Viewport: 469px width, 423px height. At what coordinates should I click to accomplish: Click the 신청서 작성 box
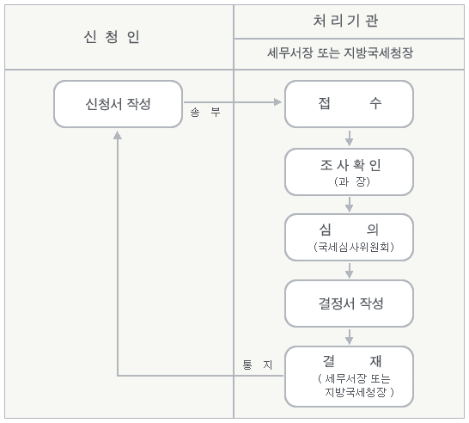(x=119, y=104)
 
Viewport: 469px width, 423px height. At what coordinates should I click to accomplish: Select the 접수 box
(x=349, y=104)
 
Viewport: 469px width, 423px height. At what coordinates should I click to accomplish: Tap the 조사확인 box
(x=349, y=172)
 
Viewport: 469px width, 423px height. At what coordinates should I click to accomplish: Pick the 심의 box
(x=349, y=237)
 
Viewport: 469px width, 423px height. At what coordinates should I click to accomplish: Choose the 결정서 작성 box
(x=349, y=303)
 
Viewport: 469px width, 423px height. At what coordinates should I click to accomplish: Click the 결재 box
(x=349, y=377)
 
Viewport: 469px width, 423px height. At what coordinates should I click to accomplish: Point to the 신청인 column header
(x=112, y=37)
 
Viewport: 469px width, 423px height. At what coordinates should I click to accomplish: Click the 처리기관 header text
(x=345, y=21)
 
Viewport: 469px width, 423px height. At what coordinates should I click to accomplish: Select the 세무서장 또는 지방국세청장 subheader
(x=340, y=53)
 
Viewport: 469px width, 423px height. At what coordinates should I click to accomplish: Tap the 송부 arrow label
(x=205, y=113)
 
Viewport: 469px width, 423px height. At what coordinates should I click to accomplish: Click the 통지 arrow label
(x=257, y=365)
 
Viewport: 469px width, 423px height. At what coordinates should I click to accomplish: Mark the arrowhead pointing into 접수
(x=277, y=102)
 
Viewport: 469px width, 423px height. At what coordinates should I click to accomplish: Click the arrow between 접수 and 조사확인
(x=349, y=138)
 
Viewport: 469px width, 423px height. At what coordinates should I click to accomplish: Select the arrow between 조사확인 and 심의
(x=349, y=205)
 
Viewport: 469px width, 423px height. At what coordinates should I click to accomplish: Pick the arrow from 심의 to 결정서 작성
(x=349, y=271)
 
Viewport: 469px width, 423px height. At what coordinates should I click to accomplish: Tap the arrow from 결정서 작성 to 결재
(x=349, y=337)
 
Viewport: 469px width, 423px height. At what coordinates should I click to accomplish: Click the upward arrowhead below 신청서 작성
(x=118, y=135)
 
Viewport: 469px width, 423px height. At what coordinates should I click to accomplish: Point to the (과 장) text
(x=352, y=181)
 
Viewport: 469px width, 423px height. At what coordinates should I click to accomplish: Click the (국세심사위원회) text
(x=354, y=247)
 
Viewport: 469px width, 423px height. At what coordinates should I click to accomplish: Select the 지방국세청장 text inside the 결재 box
(x=356, y=392)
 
